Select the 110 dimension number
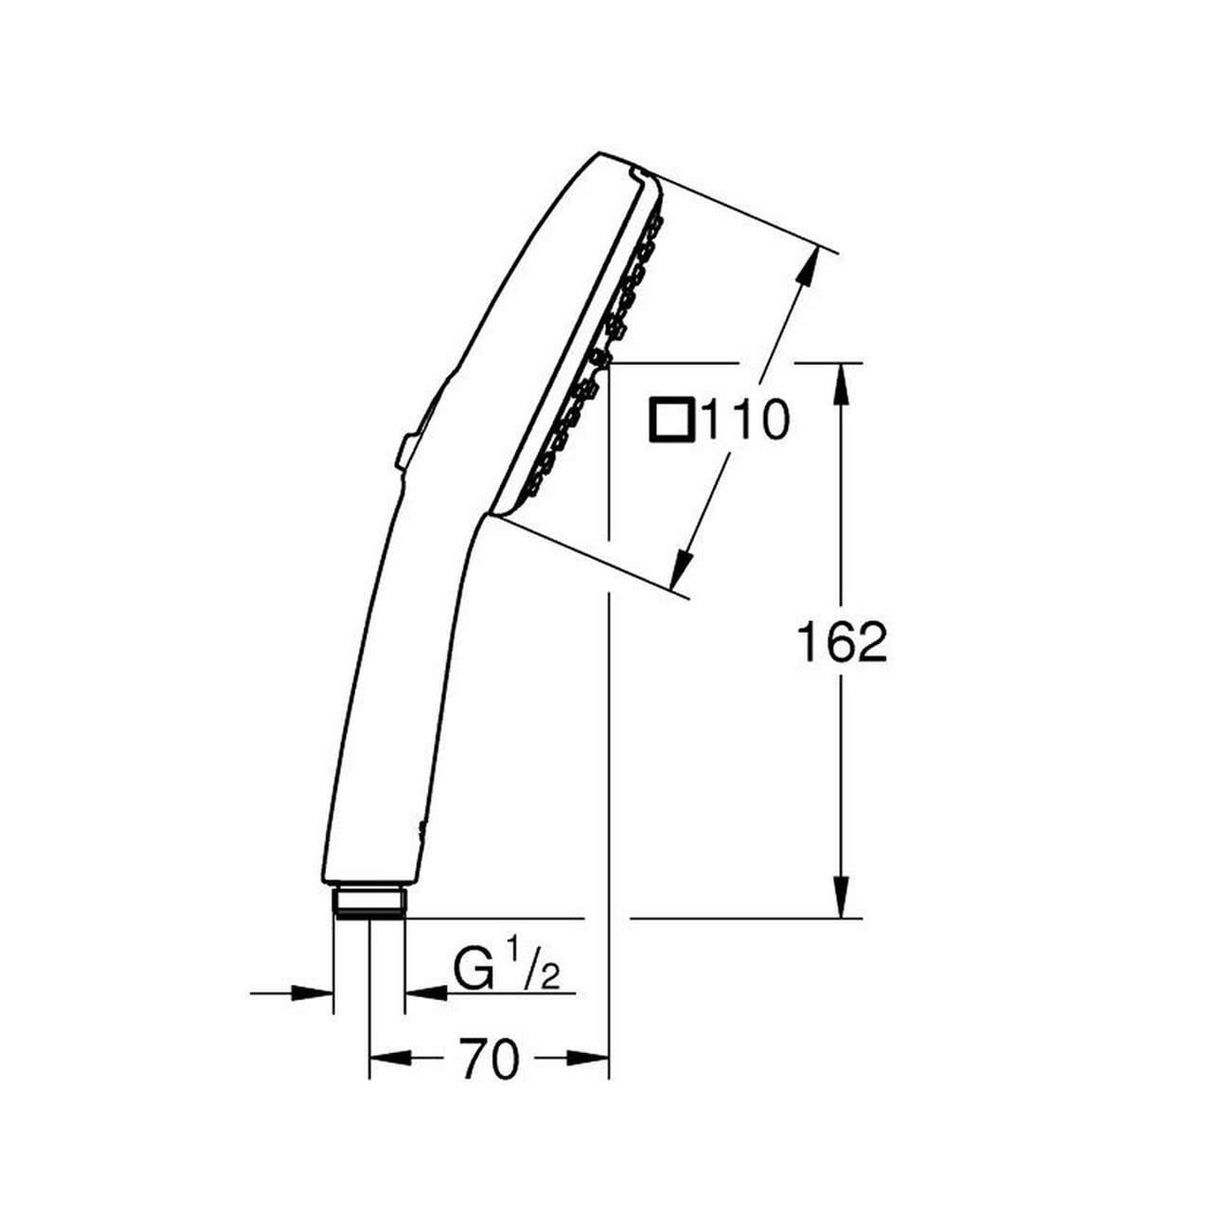pos(745,419)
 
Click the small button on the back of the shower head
pos(406,453)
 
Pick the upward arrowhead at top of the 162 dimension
pos(841,384)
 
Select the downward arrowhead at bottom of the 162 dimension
pos(841,898)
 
